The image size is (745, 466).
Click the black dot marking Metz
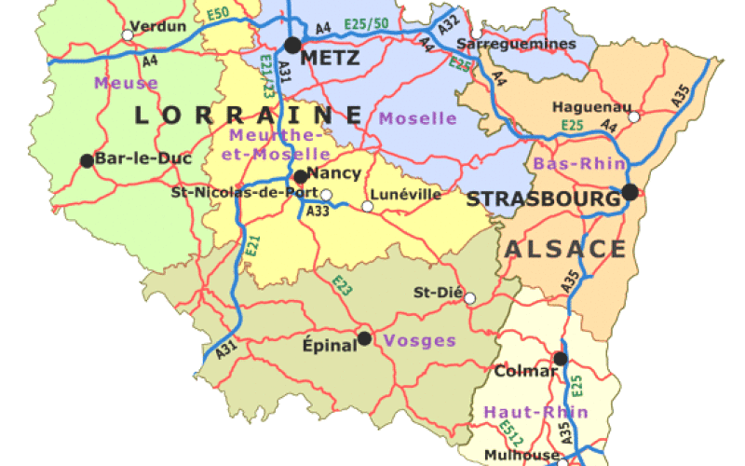[x=293, y=45]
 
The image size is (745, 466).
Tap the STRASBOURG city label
[x=542, y=199]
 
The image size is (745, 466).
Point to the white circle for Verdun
[x=128, y=35]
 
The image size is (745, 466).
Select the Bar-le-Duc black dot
[x=87, y=160]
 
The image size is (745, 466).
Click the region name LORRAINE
[x=248, y=116]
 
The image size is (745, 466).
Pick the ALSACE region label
[x=565, y=249]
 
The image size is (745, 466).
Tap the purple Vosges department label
[x=420, y=340]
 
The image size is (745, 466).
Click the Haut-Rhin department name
[x=535, y=411]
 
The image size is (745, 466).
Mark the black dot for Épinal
[x=364, y=337]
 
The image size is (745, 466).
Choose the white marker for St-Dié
[x=469, y=298]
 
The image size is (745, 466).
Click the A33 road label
[x=318, y=212]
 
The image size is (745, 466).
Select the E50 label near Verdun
[x=219, y=13]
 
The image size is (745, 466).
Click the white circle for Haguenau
[x=634, y=117]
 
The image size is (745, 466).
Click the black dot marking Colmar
[x=560, y=358]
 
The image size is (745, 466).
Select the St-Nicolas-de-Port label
[x=244, y=194]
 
